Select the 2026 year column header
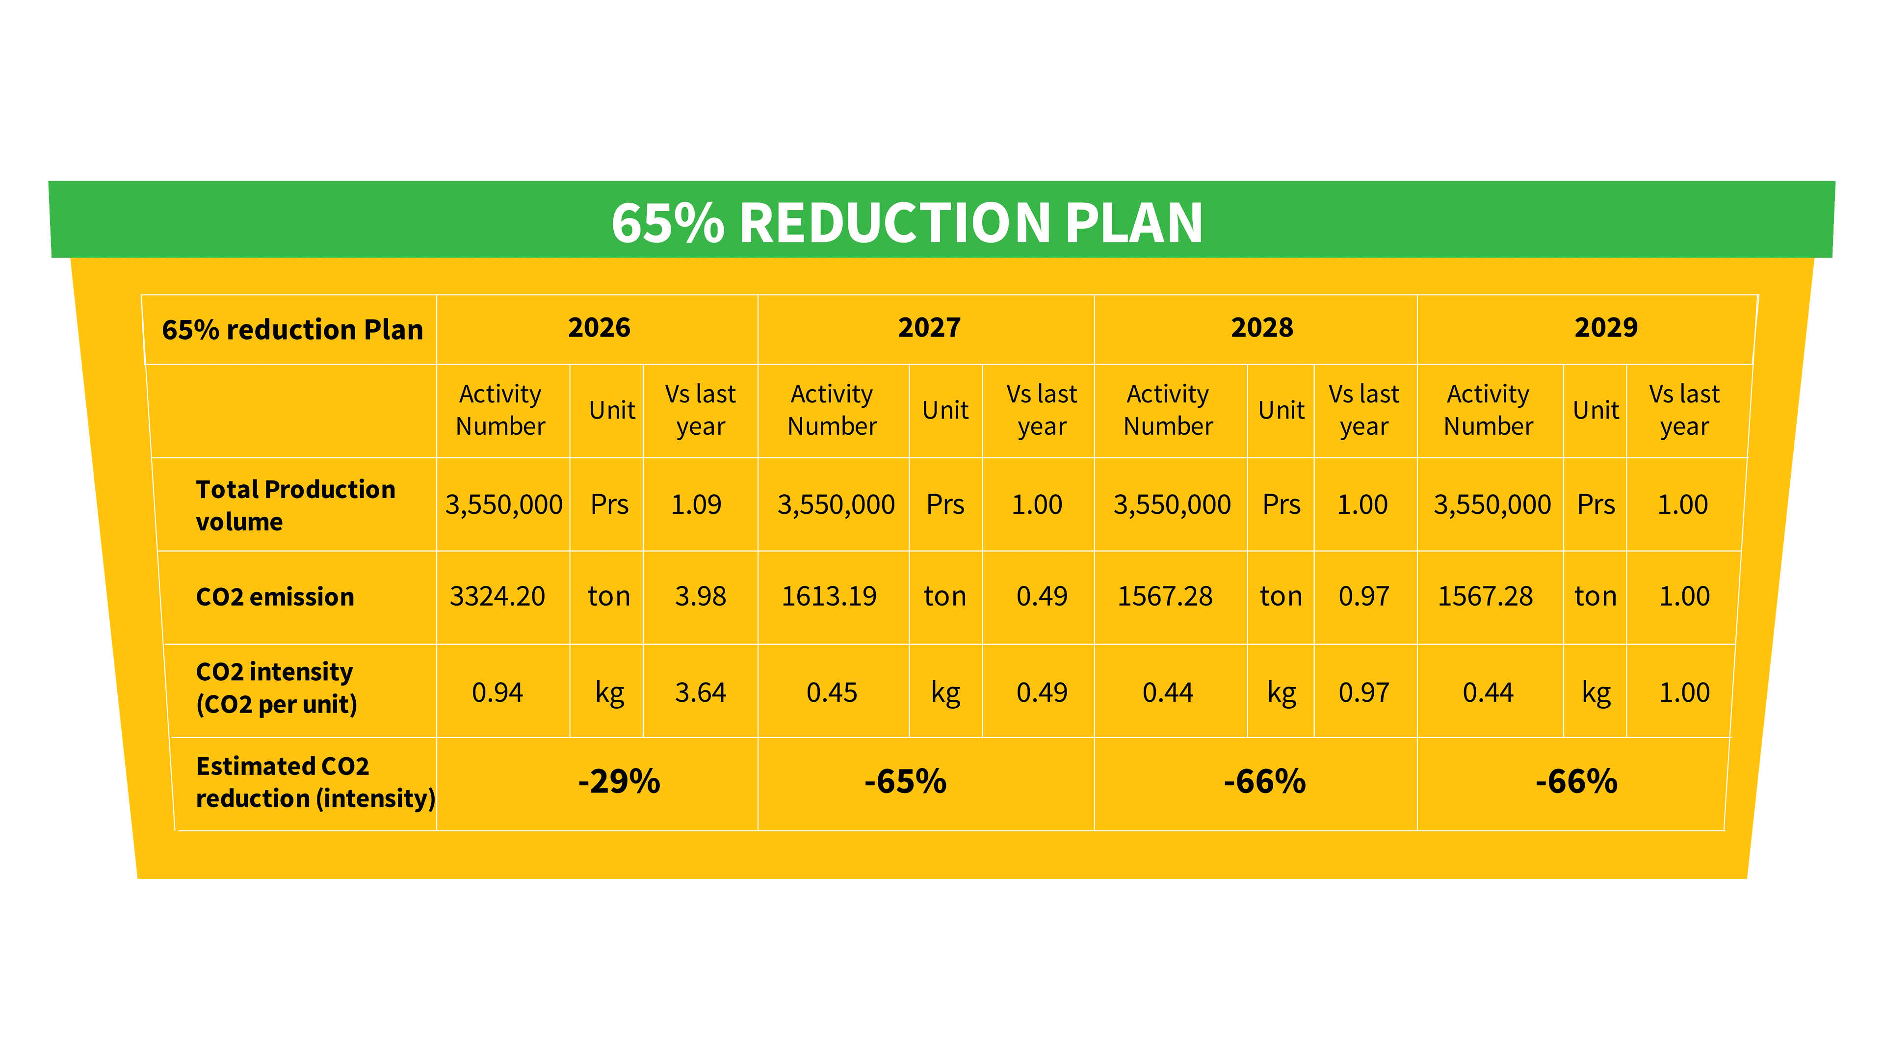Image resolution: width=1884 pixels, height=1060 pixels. (x=599, y=328)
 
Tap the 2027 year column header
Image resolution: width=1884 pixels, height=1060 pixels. (x=929, y=328)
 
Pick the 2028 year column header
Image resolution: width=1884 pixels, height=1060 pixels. (x=1261, y=328)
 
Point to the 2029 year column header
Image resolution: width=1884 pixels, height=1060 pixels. (x=1606, y=328)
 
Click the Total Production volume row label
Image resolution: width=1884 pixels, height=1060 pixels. (x=295, y=505)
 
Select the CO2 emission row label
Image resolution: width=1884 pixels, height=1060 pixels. (x=275, y=597)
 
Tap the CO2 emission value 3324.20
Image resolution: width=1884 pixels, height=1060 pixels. (x=497, y=596)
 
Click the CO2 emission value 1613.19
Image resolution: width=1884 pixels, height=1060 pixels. (x=829, y=596)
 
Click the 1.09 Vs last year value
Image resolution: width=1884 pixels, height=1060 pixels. (x=696, y=505)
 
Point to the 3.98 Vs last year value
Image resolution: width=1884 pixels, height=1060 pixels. (x=700, y=596)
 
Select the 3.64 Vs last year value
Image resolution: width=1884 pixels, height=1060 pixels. (x=700, y=692)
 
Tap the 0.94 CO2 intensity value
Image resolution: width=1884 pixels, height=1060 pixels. (x=497, y=692)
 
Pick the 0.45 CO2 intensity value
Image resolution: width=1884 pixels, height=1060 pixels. (x=832, y=692)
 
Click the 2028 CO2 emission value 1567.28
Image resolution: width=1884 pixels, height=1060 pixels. (x=1165, y=596)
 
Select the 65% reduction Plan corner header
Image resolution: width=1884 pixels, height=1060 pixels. (x=292, y=330)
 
